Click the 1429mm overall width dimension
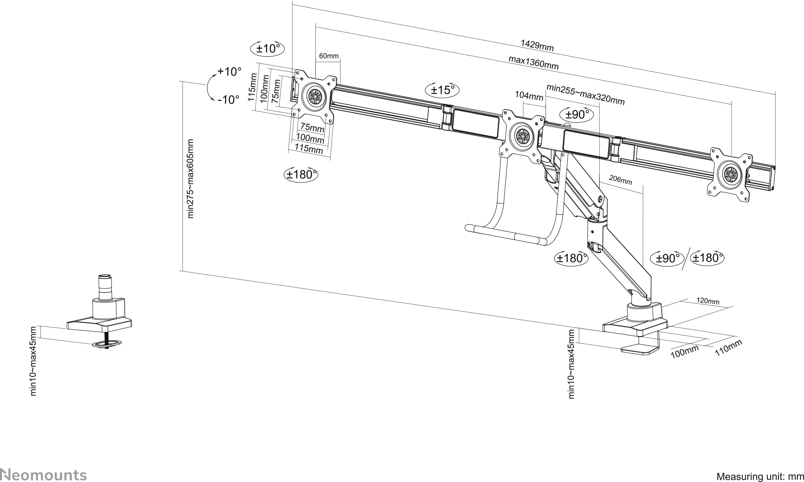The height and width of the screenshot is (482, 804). click(537, 45)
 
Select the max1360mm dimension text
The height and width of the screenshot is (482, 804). click(533, 63)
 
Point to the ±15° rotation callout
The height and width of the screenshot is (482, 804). click(442, 90)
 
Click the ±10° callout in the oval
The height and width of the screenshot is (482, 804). click(267, 49)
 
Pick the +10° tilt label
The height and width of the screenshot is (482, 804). click(229, 72)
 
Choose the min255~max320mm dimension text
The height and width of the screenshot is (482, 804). click(585, 95)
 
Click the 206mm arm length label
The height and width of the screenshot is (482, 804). click(620, 180)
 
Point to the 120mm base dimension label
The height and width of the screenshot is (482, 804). click(708, 301)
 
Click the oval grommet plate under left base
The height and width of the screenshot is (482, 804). click(106, 343)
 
